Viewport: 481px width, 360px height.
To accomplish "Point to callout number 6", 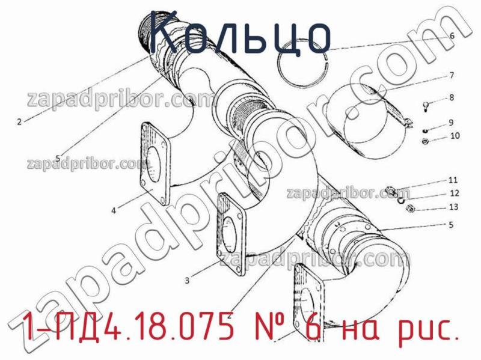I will tap(451, 35).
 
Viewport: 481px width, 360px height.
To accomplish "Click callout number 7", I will tap(451, 76).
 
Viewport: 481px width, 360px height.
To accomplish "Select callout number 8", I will tap(451, 97).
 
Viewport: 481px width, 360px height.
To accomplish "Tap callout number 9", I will tap(451, 123).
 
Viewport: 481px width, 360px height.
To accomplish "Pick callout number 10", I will tap(454, 136).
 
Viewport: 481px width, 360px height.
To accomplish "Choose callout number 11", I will tap(453, 179).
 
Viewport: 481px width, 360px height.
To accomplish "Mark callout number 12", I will tap(454, 194).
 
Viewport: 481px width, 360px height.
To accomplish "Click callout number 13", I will tap(453, 207).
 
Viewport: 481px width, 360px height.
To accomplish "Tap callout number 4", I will tap(113, 211).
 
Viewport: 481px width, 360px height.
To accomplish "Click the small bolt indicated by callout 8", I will tap(425, 107).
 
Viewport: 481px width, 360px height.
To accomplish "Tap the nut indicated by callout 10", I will tap(424, 142).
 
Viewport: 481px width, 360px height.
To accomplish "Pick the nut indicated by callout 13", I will tap(411, 209).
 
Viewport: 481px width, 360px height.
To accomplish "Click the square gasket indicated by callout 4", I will tap(155, 161).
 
